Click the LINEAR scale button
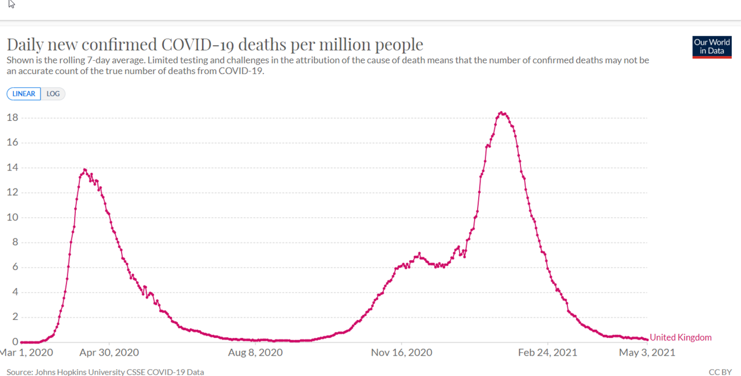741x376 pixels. pos(24,94)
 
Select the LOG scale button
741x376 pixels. pos(53,94)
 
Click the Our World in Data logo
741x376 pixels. pos(711,47)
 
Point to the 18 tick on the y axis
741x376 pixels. pos(12,118)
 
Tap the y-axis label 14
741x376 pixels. pos(12,168)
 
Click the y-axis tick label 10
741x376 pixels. pos(12,218)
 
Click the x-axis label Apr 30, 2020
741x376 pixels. pos(109,352)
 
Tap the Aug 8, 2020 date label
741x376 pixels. pos(255,352)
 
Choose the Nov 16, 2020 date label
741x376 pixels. pos(402,352)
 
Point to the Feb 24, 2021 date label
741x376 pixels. pos(548,352)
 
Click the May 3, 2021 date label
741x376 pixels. pos(647,352)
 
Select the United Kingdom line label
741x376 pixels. pos(681,338)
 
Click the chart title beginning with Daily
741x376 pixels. pos(215,45)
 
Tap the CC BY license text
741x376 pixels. pos(720,372)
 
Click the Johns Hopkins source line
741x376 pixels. pos(105,372)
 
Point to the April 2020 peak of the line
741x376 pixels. pos(85,169)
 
